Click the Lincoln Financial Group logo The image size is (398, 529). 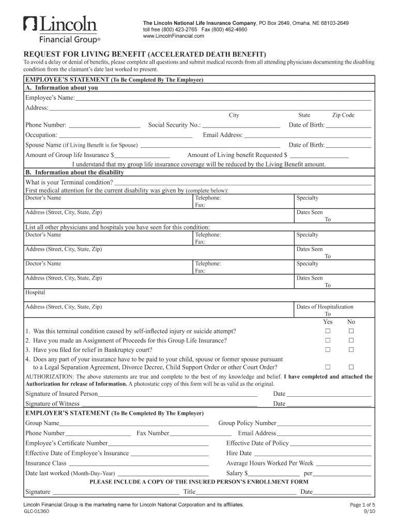coord(62,29)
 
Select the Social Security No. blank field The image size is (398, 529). coord(241,125)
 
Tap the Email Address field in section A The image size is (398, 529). coord(308,135)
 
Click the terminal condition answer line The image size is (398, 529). coord(242,182)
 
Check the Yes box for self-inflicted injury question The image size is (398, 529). coord(327,331)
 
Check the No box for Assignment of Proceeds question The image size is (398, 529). coord(351,340)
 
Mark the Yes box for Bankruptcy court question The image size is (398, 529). coord(327,350)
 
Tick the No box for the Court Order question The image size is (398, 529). coord(351,367)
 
